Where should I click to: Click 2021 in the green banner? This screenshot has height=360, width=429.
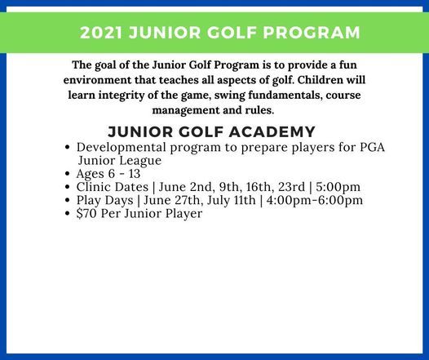pos(101,33)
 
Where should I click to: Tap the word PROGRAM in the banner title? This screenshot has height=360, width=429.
pos(313,33)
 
